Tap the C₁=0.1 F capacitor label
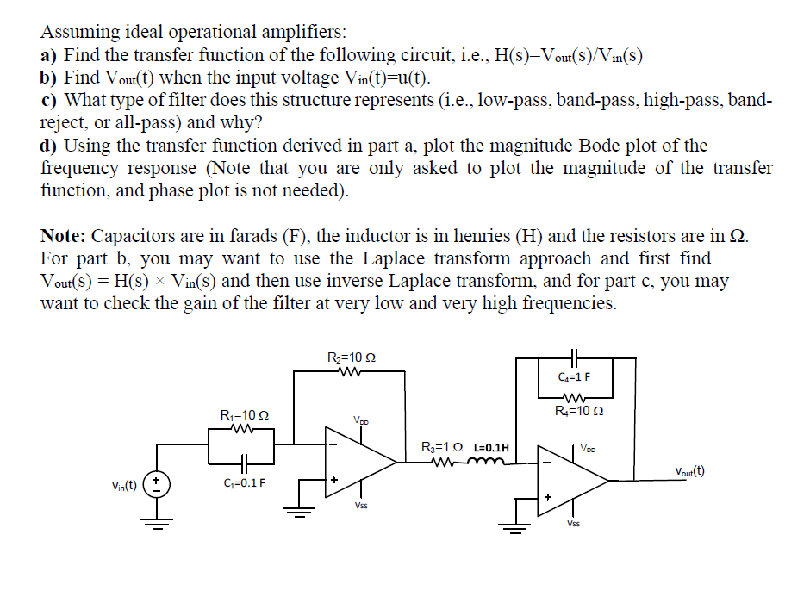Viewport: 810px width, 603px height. [x=242, y=482]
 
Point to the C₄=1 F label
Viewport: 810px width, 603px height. [x=574, y=377]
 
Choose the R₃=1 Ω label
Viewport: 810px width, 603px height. [x=444, y=448]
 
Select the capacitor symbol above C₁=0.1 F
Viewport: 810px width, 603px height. [x=243, y=461]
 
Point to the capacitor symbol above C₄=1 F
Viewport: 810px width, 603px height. [x=574, y=353]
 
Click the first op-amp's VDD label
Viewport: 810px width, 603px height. [x=361, y=420]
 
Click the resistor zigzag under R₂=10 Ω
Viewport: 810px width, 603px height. [x=352, y=372]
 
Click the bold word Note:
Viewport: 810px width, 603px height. [x=64, y=235]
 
